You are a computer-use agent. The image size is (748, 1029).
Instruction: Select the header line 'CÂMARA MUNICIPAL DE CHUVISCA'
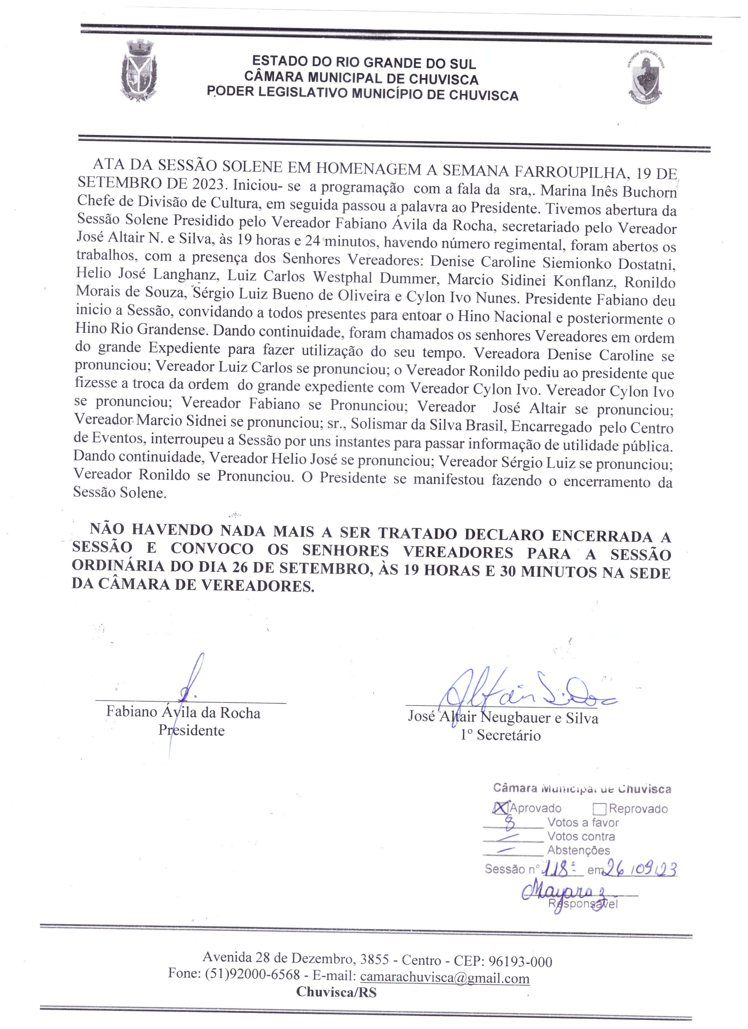tap(361, 78)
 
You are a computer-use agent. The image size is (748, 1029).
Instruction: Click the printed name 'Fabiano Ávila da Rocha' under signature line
tap(183, 713)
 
